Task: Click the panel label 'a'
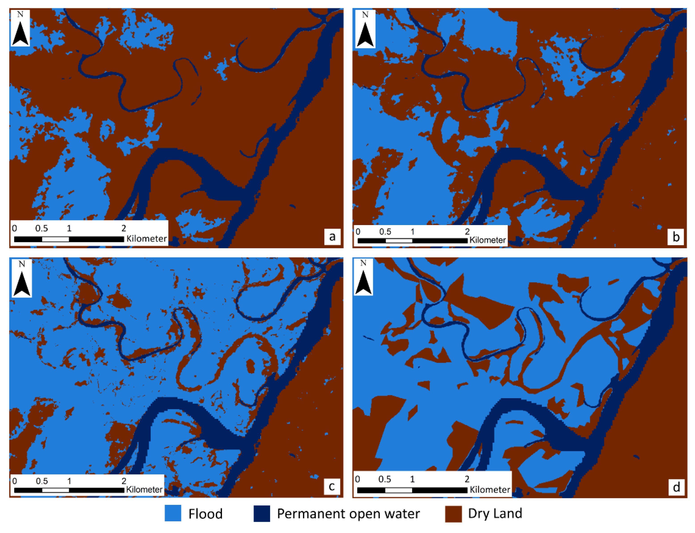(x=332, y=237)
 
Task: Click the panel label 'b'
(x=676, y=237)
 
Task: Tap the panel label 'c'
(x=332, y=486)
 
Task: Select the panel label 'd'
(x=676, y=487)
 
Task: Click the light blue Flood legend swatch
(x=173, y=513)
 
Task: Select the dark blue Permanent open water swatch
(x=262, y=513)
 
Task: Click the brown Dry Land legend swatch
(x=453, y=513)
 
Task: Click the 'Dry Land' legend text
(x=495, y=513)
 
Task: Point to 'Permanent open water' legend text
(x=348, y=514)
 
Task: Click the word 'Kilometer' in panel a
(x=146, y=239)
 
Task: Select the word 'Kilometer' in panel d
(x=490, y=490)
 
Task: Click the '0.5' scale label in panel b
(x=385, y=232)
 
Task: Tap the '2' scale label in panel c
(x=124, y=481)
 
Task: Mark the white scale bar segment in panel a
(x=55, y=239)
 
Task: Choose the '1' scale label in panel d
(x=412, y=479)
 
